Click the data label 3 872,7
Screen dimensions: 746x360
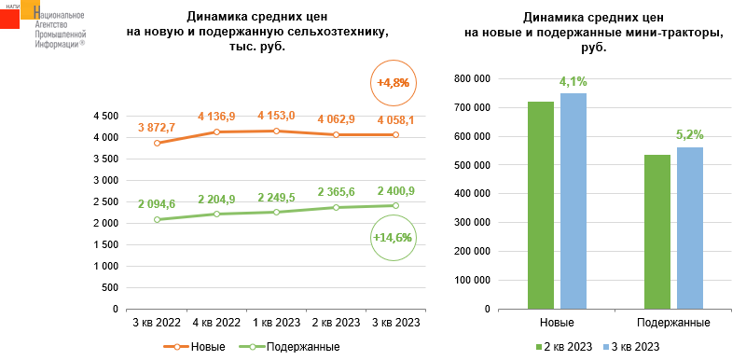(x=157, y=128)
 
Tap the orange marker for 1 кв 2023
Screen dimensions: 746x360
(x=276, y=131)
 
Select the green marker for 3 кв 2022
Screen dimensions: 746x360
(x=157, y=220)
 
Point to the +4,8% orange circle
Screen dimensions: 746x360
(x=393, y=83)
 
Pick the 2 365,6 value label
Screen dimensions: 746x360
(x=336, y=192)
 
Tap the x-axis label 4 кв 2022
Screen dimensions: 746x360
(x=216, y=323)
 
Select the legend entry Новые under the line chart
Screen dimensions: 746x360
(x=194, y=347)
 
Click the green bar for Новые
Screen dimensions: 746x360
(x=541, y=205)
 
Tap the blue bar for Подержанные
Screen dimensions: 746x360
(x=689, y=228)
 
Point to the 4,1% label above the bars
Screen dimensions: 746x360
(x=573, y=82)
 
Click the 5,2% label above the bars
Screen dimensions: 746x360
(x=689, y=135)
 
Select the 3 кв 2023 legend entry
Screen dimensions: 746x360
(x=631, y=347)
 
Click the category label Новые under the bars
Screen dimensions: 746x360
(x=557, y=323)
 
